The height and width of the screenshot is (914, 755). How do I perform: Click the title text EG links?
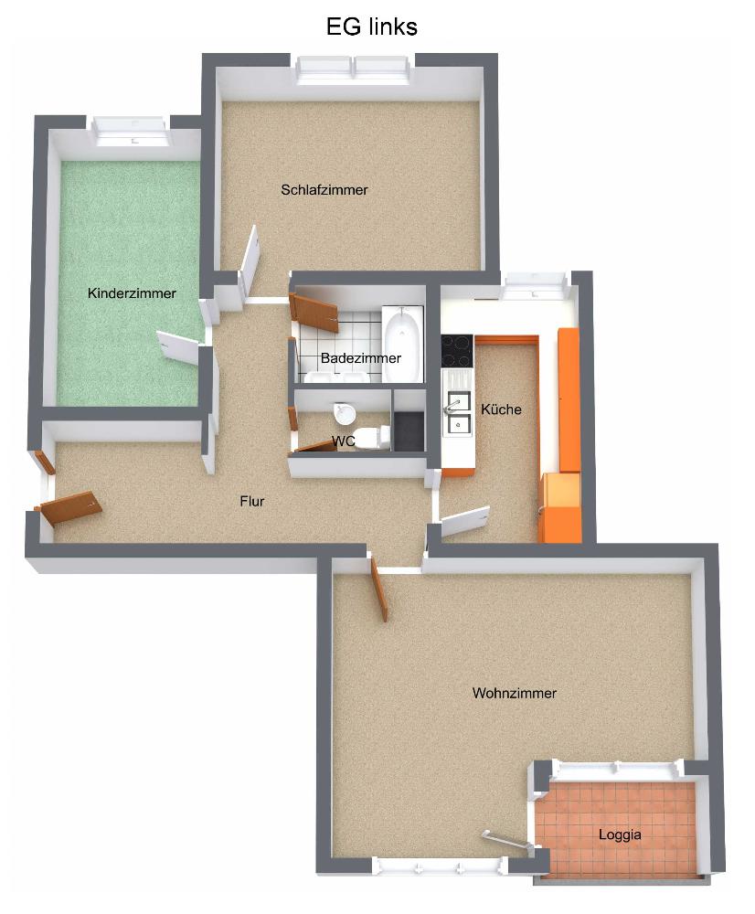(x=371, y=27)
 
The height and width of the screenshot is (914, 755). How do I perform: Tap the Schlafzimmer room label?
(x=324, y=190)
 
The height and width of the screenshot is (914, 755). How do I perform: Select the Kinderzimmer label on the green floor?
(x=132, y=293)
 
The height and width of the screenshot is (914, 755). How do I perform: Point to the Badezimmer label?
(x=361, y=358)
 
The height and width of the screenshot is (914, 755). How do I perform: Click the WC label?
(x=343, y=441)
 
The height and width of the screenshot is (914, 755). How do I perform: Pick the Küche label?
(x=502, y=409)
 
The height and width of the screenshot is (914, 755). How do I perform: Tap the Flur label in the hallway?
(x=252, y=501)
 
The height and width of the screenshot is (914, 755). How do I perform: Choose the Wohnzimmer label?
(x=515, y=693)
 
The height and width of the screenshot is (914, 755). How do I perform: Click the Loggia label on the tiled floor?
(x=620, y=834)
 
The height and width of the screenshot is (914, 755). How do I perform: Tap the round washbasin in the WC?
(x=345, y=414)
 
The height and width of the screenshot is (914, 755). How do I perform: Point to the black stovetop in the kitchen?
(x=456, y=351)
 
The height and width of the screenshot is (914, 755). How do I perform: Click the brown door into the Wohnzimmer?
(x=379, y=589)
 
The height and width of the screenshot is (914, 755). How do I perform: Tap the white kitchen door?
(x=465, y=521)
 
